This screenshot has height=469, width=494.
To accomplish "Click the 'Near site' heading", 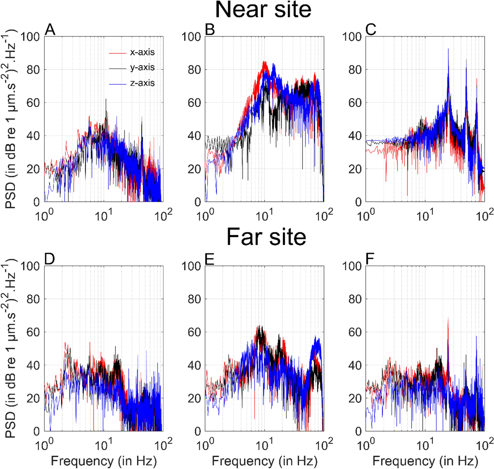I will tap(263, 10).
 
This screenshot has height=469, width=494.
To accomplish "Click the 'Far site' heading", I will tap(266, 237).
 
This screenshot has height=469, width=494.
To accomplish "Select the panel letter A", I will tap(50, 30).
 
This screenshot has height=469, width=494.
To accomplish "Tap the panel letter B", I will tap(210, 30).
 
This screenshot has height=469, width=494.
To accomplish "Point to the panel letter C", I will tap(371, 30).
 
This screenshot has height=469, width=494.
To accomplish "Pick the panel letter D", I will tap(50, 259).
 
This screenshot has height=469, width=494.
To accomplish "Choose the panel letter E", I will tap(210, 259).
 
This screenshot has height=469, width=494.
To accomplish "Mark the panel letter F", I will tap(370, 259).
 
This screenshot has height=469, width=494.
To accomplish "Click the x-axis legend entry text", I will tap(142, 52).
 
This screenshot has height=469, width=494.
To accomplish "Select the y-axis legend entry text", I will tap(142, 67).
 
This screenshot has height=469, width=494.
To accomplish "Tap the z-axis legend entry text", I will tap(142, 83).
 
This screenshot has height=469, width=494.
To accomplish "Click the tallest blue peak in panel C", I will tap(448, 50).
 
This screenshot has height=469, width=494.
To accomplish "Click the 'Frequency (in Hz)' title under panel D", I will tap(104, 461).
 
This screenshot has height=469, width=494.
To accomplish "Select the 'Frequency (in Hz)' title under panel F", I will tap(425, 461).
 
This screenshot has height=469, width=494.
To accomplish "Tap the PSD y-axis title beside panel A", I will tap(10, 119).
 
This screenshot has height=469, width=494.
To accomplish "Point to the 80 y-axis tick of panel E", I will tap(194, 299).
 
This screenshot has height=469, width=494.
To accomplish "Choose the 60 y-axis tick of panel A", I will tap(34, 103).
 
